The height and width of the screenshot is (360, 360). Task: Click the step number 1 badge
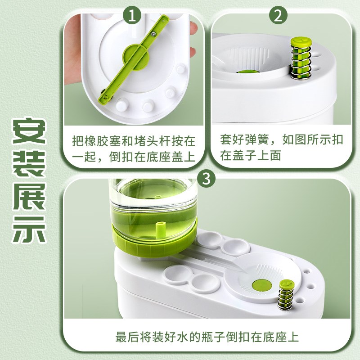pos(132,17)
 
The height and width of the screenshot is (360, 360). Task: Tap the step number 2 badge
pos(278,17)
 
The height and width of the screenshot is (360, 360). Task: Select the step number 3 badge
pos(207,179)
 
